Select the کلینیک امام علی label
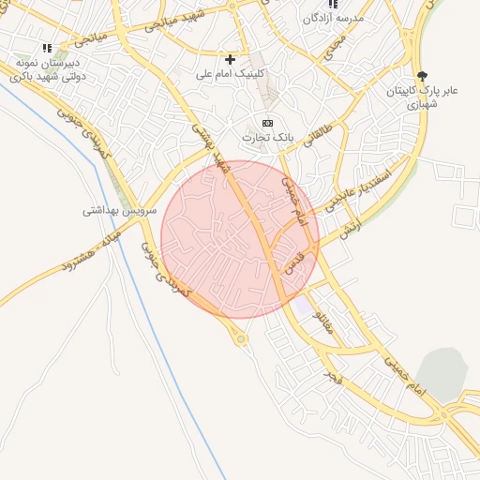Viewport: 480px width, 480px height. pyautogui.click(x=231, y=72)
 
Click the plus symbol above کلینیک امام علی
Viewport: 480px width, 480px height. pyautogui.click(x=231, y=59)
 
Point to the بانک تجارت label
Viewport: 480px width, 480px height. pyautogui.click(x=268, y=137)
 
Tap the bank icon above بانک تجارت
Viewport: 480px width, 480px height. pyautogui.click(x=268, y=123)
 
